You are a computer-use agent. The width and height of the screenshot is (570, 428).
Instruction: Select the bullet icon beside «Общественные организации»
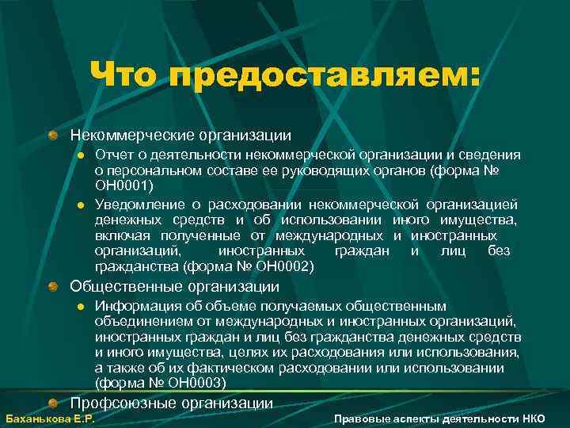point(52,286)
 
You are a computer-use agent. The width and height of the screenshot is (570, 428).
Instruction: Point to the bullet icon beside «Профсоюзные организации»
point(52,403)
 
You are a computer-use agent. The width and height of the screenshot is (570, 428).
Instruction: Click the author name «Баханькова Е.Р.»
point(50,418)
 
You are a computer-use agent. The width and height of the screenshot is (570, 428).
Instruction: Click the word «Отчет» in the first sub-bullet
point(112,155)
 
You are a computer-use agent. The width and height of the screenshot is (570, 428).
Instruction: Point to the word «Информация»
point(131,306)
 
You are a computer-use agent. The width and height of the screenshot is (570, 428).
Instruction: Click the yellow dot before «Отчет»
point(80,155)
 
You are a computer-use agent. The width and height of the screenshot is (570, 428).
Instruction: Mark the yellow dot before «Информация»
point(80,307)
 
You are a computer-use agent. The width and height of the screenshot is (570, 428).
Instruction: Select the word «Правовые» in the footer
point(362,418)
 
